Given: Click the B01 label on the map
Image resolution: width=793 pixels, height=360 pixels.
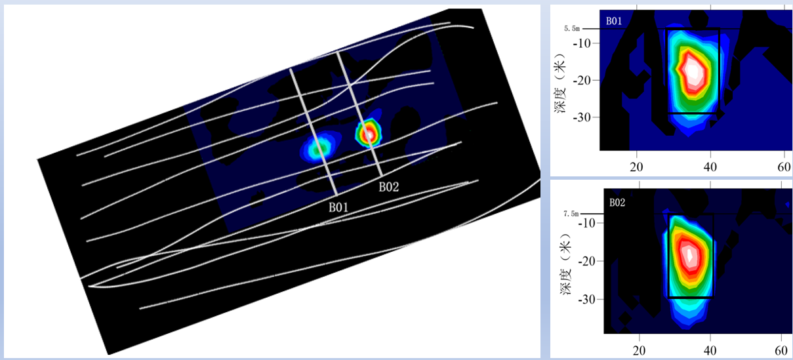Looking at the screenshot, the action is (338, 207).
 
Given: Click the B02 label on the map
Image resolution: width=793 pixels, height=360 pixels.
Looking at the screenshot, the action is (389, 186).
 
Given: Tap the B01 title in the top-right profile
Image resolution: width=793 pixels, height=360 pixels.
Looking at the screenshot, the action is (614, 21).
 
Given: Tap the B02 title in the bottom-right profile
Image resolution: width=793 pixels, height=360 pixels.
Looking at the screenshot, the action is (617, 203).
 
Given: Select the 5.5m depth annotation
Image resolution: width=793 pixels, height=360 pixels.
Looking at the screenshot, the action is (572, 29).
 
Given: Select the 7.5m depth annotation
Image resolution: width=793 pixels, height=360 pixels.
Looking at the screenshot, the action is (571, 214).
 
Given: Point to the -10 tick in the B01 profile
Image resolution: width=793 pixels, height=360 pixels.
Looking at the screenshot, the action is (582, 43).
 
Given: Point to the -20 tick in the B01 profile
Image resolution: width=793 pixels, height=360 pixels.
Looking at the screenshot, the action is (582, 81).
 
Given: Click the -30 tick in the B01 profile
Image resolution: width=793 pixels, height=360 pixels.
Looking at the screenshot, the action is (582, 117).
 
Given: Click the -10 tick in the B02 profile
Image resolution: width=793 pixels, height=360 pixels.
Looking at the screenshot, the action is (586, 223).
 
